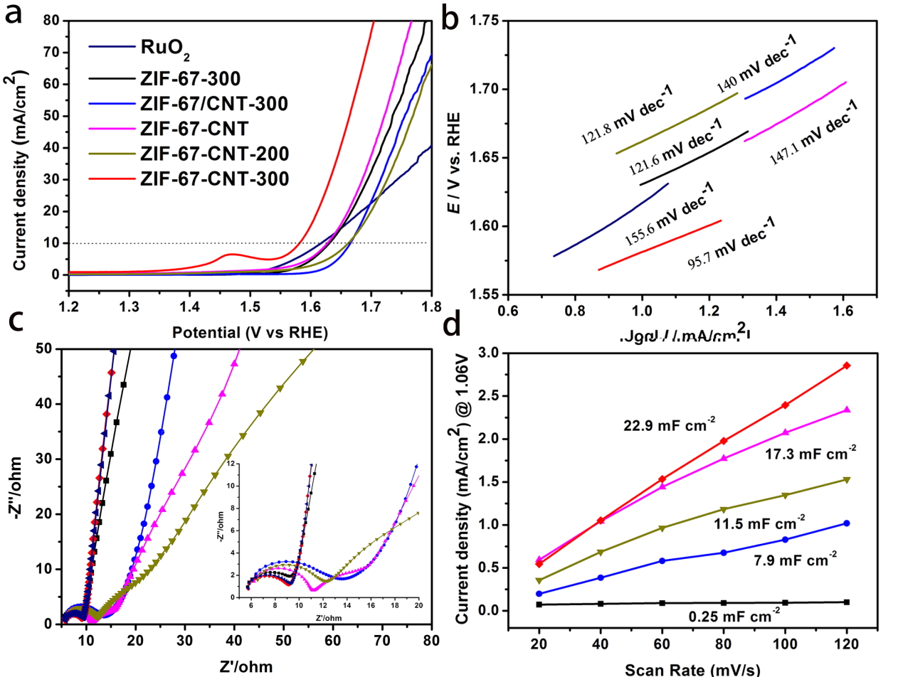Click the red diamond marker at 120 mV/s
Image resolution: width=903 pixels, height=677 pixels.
point(847,366)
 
